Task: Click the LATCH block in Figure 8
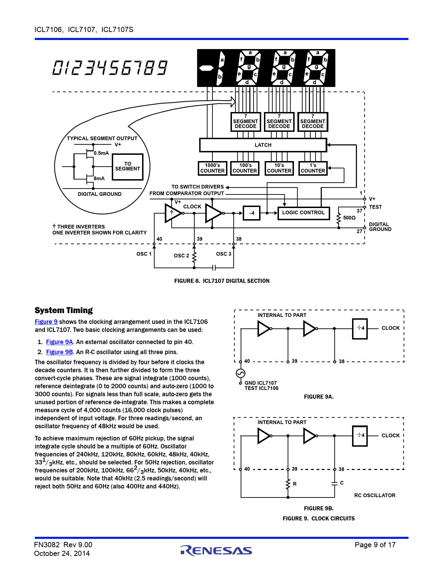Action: pyautogui.click(x=263, y=145)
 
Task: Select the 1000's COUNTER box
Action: pyautogui.click(x=212, y=168)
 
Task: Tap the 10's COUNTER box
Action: pyautogui.click(x=279, y=168)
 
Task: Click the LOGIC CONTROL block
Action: pyautogui.click(x=303, y=213)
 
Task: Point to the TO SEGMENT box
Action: pyautogui.click(x=127, y=167)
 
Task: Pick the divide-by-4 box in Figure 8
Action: pyautogui.click(x=251, y=213)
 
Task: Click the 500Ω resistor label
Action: pyautogui.click(x=349, y=218)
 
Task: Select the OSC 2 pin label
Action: pyautogui.click(x=181, y=255)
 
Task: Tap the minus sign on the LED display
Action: pyautogui.click(x=206, y=69)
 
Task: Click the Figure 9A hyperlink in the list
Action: pyautogui.click(x=60, y=342)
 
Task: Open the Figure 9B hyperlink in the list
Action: pyautogui.click(x=60, y=352)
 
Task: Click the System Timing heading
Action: pyautogui.click(x=64, y=310)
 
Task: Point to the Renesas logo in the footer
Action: pyautogui.click(x=216, y=550)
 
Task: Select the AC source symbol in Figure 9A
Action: pyautogui.click(x=240, y=373)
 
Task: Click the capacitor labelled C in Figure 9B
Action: pyautogui.click(x=335, y=484)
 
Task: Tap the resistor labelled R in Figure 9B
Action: pyautogui.click(x=288, y=484)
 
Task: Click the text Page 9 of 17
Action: pyautogui.click(x=375, y=545)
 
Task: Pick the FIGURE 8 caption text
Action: pyautogui.click(x=221, y=281)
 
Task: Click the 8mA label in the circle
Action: pyautogui.click(x=99, y=178)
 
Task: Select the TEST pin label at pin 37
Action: pyautogui.click(x=375, y=207)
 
